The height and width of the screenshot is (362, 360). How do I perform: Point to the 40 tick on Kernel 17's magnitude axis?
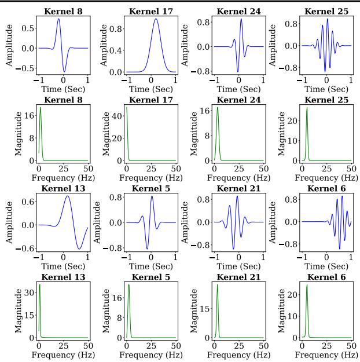116,116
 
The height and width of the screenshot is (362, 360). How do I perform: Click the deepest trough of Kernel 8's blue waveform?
64,71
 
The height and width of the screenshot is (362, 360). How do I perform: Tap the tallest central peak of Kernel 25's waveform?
327,19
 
